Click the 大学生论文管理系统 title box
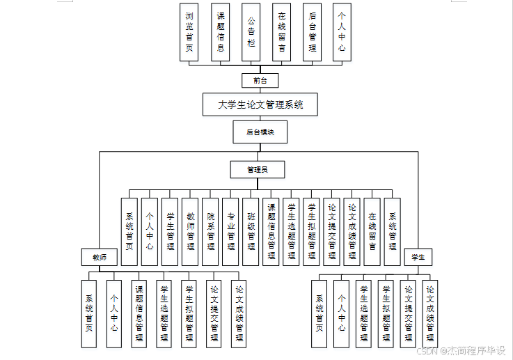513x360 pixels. coord(260,104)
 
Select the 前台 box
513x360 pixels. coord(260,80)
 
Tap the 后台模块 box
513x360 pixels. coord(260,132)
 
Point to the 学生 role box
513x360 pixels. coord(418,257)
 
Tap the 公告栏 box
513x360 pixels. coord(251,33)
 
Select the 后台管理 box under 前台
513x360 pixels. coord(312,33)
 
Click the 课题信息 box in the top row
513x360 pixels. coord(221,33)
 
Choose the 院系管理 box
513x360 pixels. coord(210,231)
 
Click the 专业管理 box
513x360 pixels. coord(230,231)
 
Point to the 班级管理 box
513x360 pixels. coord(251,231)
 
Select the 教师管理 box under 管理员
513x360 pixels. coord(190,231)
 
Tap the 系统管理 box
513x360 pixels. coord(393,231)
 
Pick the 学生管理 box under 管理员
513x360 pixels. coord(170,231)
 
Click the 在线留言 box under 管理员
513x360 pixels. coord(372,231)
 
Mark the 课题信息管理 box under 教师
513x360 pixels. coord(139,312)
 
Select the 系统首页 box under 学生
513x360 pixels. coord(319,312)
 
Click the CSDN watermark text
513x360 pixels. coord(461,351)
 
